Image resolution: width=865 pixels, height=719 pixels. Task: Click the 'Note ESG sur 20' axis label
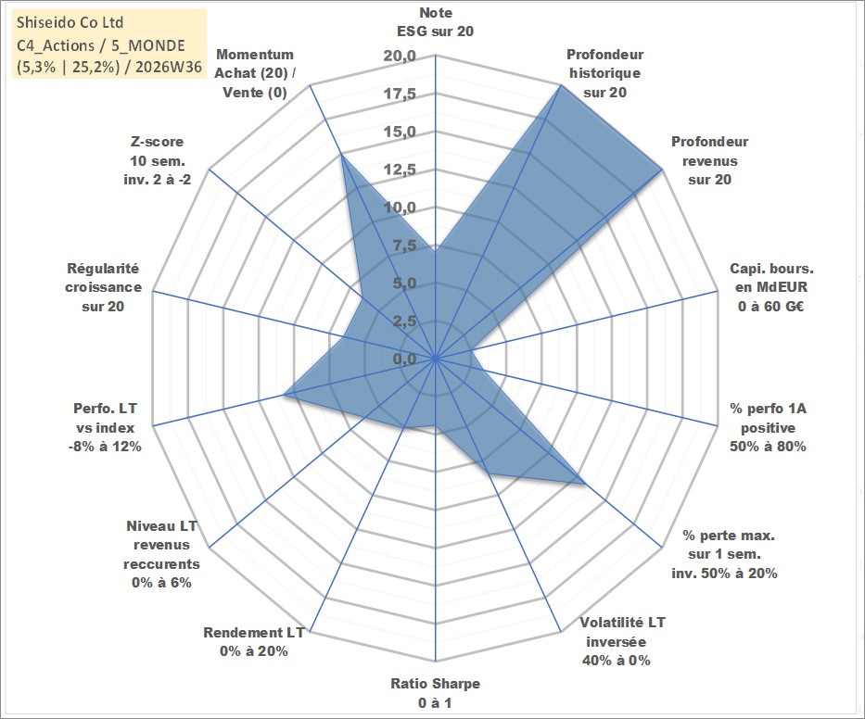point(435,22)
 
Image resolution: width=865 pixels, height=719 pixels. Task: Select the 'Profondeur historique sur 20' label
point(604,73)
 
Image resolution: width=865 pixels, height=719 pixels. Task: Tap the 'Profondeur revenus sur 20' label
point(709,160)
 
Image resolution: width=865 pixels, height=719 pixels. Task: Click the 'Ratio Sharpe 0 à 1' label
point(435,693)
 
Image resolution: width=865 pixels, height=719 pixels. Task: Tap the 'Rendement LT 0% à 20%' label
point(254,642)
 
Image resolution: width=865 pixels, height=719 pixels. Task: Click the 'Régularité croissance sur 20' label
point(103,287)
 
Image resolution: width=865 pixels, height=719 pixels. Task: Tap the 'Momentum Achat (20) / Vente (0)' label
point(255,73)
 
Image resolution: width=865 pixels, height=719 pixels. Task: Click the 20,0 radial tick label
point(400,56)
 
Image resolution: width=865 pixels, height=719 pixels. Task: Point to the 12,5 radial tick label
point(400,170)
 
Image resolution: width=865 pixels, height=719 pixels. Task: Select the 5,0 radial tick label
point(404,283)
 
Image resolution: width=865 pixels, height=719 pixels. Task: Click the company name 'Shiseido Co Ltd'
point(70,22)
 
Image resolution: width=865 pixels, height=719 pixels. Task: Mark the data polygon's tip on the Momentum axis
point(341,155)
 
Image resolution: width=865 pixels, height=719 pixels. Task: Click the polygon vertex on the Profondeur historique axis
point(561,85)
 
